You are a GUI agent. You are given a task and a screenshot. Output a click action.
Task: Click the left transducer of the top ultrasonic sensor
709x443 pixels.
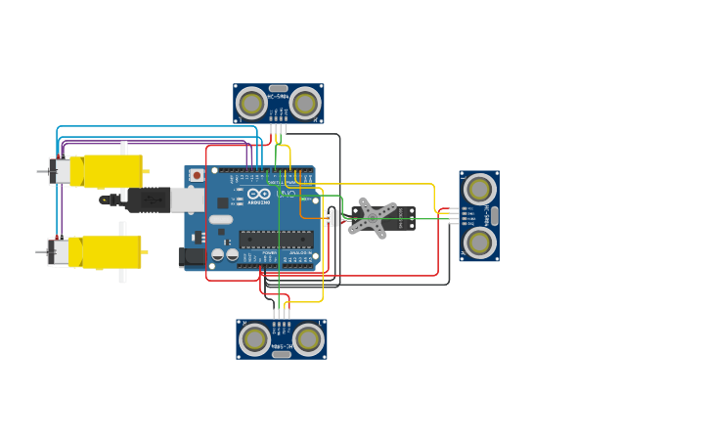(x=251, y=103)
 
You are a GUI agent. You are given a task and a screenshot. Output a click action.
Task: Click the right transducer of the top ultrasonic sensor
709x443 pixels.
(x=304, y=103)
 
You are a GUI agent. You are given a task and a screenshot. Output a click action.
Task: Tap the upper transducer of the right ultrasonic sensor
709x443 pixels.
(x=479, y=190)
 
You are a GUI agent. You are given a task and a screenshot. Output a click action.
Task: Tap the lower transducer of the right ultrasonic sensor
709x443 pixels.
(x=479, y=242)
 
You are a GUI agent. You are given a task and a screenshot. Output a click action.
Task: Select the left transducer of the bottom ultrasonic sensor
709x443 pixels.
(x=255, y=339)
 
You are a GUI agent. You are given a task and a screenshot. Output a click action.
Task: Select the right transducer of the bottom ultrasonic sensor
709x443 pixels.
(x=308, y=339)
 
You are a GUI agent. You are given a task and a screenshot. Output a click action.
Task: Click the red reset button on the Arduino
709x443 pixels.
(x=197, y=176)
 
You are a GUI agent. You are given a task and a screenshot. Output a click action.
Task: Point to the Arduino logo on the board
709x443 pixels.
(x=258, y=194)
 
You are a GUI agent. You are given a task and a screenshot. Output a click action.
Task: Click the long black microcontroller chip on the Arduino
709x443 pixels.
(x=277, y=239)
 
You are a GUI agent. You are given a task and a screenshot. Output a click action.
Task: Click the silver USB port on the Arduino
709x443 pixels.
(x=188, y=199)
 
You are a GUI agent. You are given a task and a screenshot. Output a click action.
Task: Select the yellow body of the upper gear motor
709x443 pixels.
(x=111, y=171)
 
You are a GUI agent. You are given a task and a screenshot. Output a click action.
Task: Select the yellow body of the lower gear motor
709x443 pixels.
(x=111, y=251)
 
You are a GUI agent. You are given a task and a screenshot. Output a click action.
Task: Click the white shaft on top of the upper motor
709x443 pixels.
(x=123, y=148)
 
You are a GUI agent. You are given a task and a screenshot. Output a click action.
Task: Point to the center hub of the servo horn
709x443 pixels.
(x=373, y=217)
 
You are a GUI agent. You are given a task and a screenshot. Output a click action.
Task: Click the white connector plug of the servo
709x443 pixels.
(x=332, y=217)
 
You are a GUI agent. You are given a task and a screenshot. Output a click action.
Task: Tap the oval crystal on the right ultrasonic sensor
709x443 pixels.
(x=494, y=216)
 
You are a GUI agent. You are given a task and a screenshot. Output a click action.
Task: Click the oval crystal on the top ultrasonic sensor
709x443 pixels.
(x=278, y=88)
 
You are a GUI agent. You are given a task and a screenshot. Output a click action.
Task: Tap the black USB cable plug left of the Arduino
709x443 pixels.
(x=148, y=199)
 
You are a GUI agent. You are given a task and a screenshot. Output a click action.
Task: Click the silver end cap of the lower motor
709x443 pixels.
(x=60, y=252)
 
